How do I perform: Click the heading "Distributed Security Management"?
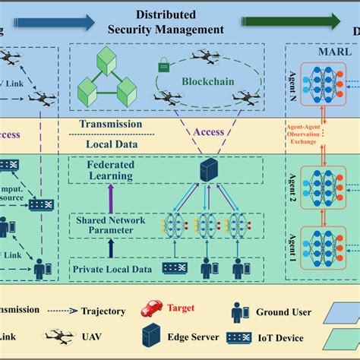point(179,22)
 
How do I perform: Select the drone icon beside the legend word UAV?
point(56,333)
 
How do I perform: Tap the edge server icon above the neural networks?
point(205,171)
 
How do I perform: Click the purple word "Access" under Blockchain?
point(207,131)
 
